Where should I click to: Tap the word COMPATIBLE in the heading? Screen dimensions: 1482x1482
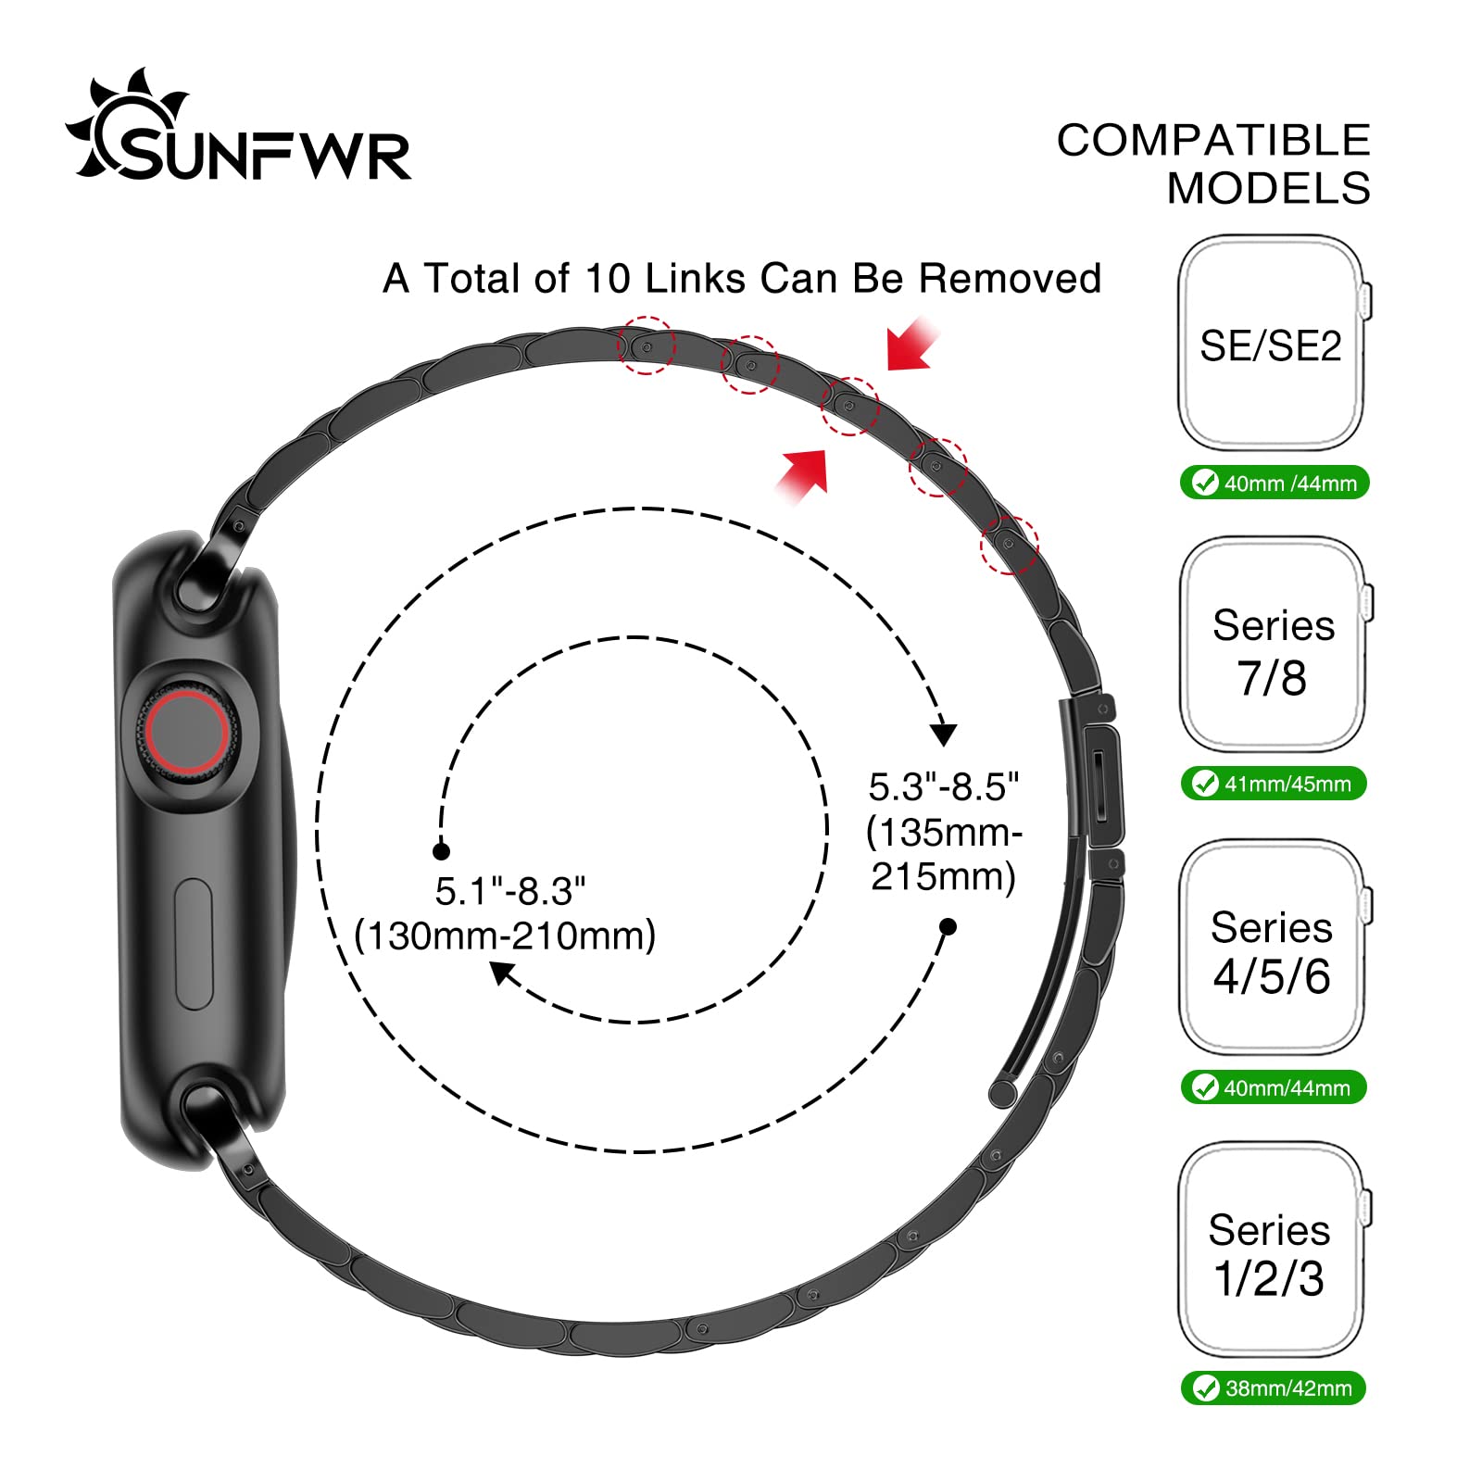[1213, 141]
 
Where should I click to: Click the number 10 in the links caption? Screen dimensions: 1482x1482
[607, 279]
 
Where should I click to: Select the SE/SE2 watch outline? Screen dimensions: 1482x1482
[1271, 343]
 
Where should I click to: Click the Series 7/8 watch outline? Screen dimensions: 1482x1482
[1272, 646]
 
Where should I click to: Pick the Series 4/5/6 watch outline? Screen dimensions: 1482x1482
[1272, 948]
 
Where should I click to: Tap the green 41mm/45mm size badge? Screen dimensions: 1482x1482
[1275, 784]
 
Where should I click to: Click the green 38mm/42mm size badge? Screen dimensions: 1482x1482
[1274, 1388]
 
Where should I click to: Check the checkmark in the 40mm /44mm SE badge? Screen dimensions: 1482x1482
[1205, 483]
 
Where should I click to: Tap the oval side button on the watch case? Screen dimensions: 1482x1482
[194, 944]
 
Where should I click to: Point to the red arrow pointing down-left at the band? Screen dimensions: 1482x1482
[911, 345]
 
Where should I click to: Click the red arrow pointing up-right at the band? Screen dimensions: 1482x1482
[804, 475]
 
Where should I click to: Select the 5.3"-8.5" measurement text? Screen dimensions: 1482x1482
[943, 787]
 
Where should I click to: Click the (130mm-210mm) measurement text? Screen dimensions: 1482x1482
[506, 936]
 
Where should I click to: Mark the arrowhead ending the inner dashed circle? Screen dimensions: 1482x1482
[502, 973]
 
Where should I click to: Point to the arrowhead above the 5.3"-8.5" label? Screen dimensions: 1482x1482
[943, 734]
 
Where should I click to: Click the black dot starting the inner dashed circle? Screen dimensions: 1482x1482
[442, 851]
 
